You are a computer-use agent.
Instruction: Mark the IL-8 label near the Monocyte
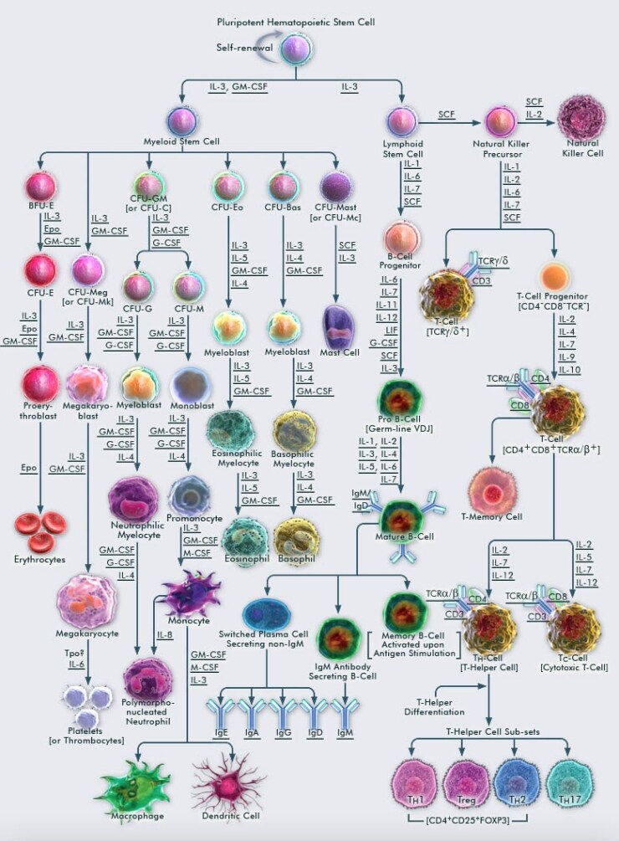click(166, 636)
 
